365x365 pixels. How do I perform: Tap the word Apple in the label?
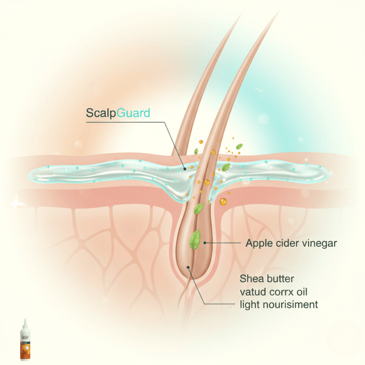tap(259, 244)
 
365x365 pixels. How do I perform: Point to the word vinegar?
tap(320, 244)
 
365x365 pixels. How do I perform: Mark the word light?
tap(252, 303)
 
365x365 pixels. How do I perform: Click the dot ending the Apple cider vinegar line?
tap(205, 243)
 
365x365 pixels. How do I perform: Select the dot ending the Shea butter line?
tap(189, 266)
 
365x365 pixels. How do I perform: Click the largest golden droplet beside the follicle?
tap(223, 201)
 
